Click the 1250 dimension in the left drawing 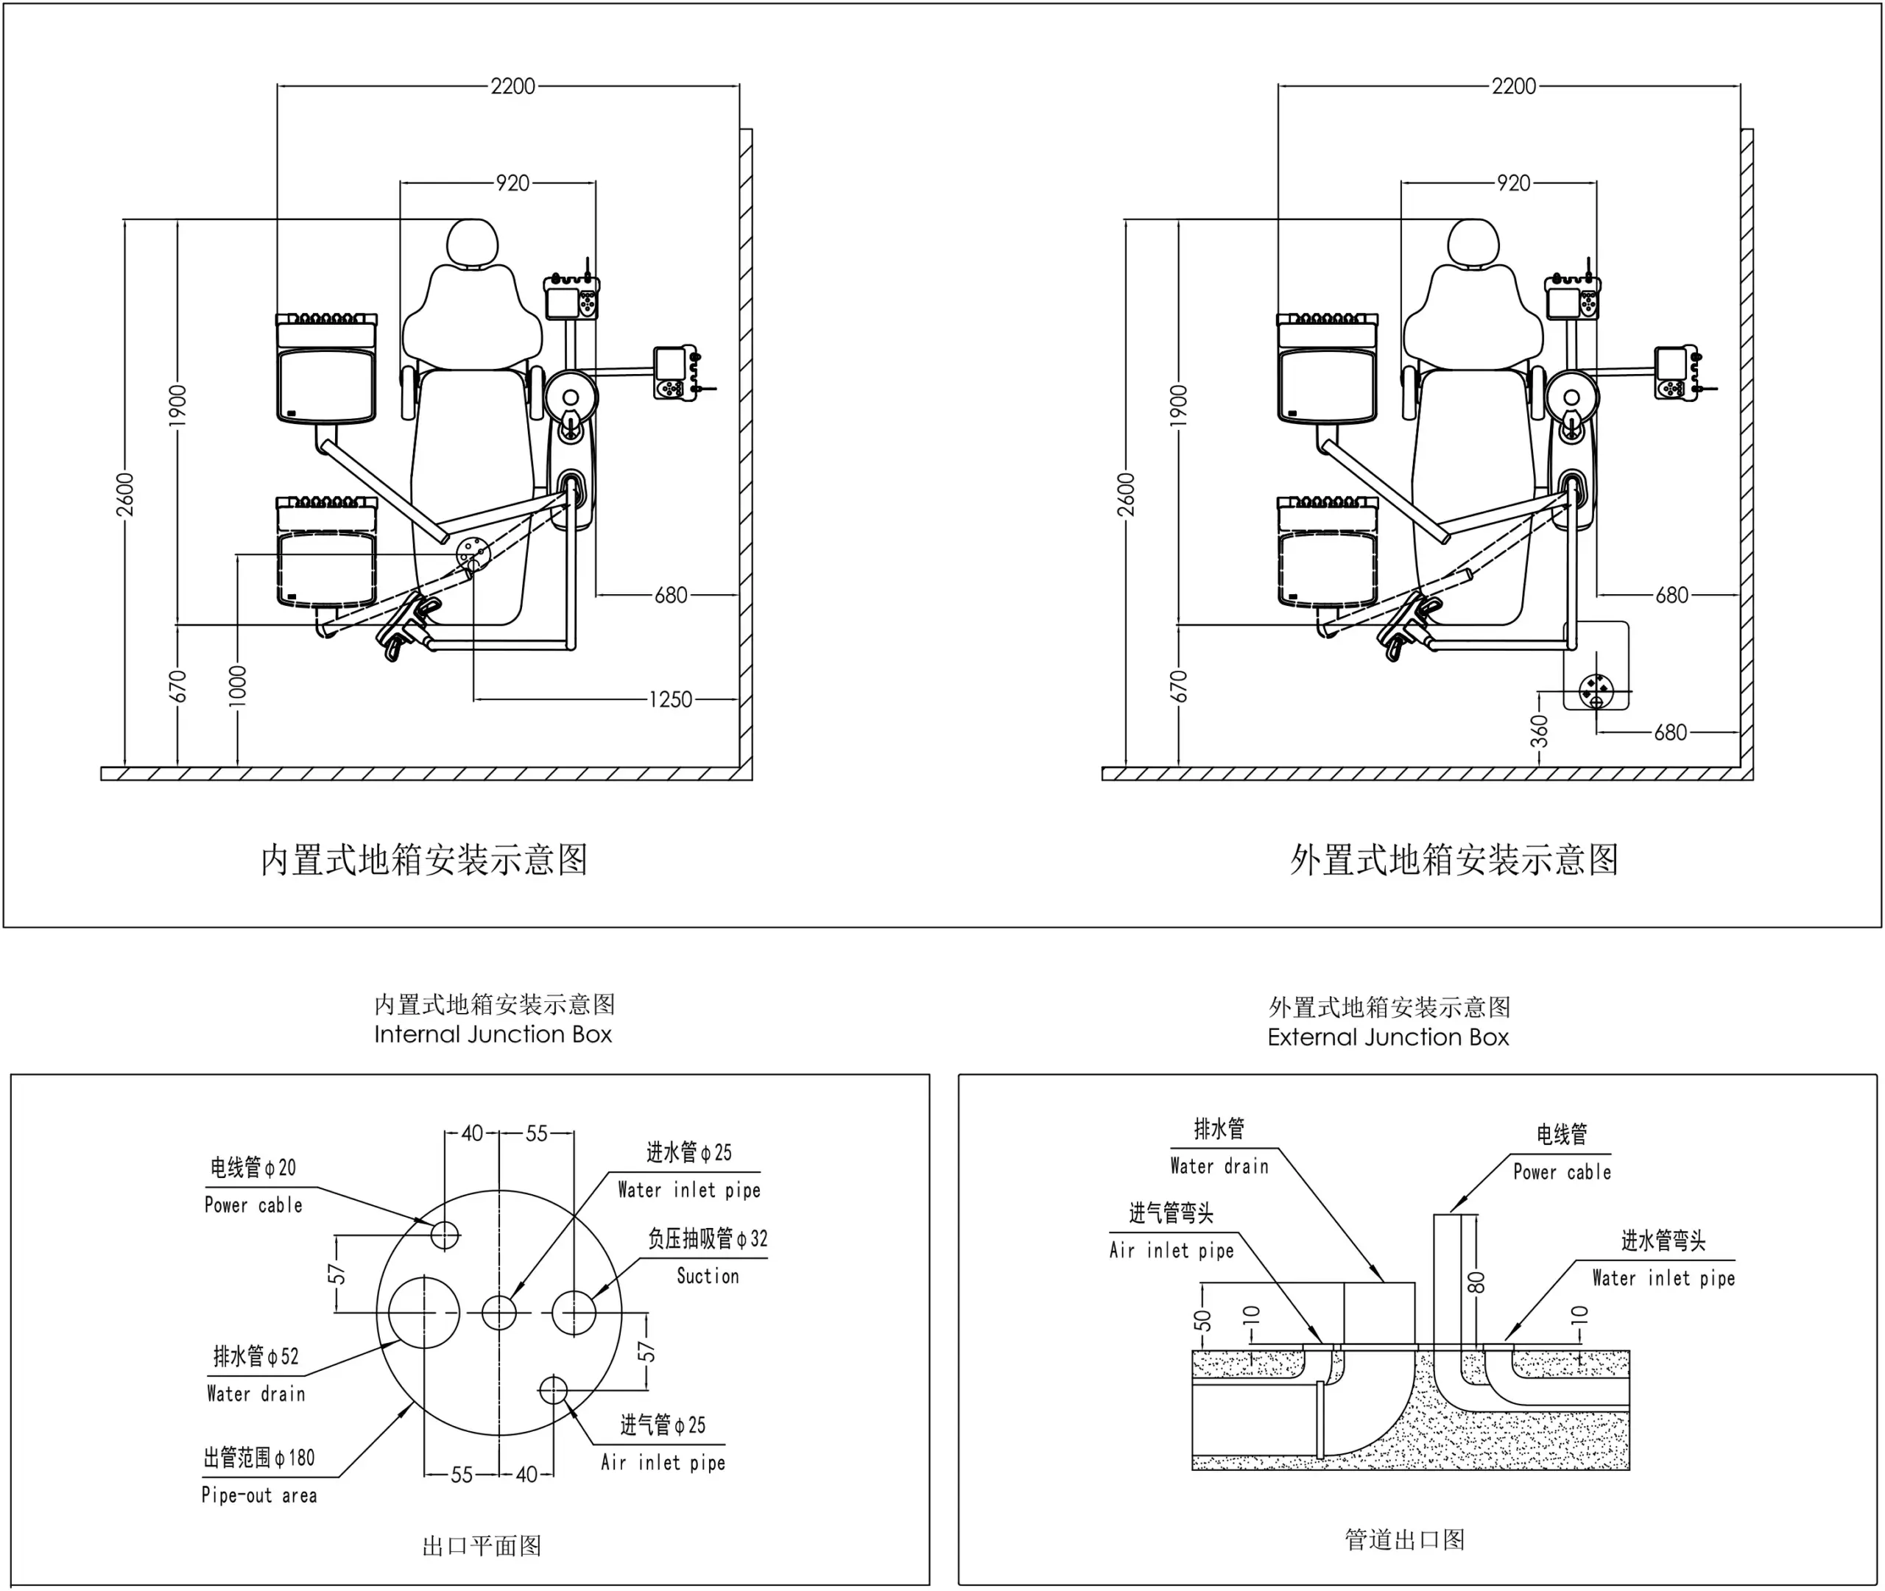(x=670, y=699)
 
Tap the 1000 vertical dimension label (x=237, y=685)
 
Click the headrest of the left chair (x=473, y=243)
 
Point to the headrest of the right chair (x=1473, y=243)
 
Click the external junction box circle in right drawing (x=1596, y=691)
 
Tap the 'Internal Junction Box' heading (x=493, y=1034)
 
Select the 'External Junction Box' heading (x=1388, y=1037)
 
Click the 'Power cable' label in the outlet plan (x=253, y=1206)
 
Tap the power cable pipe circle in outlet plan (x=445, y=1234)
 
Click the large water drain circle (x=424, y=1312)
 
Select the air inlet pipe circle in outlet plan (x=553, y=1390)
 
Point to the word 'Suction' (x=708, y=1276)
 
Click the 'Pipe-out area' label (x=259, y=1495)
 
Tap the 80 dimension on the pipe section (x=1476, y=1282)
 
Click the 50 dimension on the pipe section (x=1202, y=1319)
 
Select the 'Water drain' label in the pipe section (x=1219, y=1166)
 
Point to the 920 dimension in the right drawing (x=1513, y=183)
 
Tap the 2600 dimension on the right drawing (x=1126, y=494)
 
